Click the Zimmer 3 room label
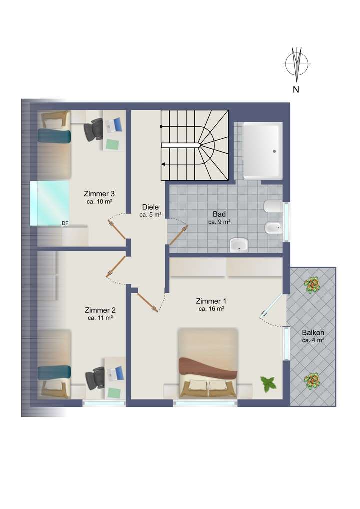tap(99, 194)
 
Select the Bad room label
tap(219, 214)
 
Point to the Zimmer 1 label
tap(211, 301)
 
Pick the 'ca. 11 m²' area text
tap(100, 318)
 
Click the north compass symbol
tap(297, 64)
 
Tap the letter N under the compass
tap(296, 90)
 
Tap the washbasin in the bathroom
tap(239, 245)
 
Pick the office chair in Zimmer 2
tap(94, 377)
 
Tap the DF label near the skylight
tap(65, 223)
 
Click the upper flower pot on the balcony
tap(313, 285)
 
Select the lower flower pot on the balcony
tap(313, 381)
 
